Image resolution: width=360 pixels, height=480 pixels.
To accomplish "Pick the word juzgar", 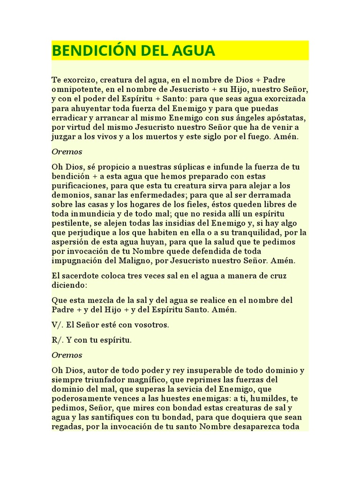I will (63, 137).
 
